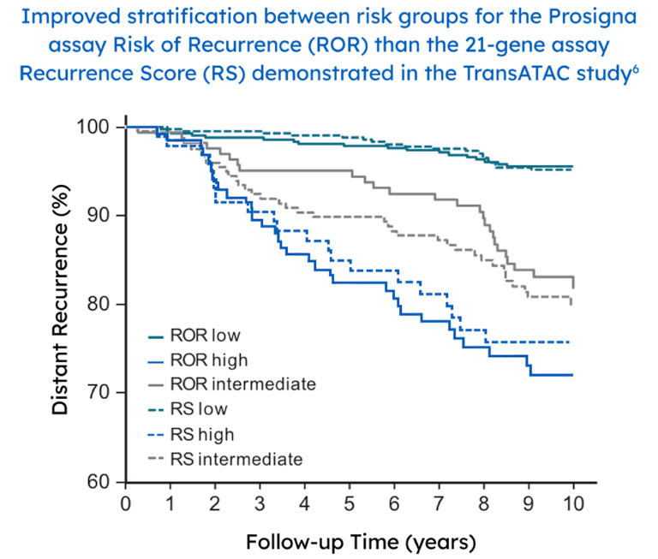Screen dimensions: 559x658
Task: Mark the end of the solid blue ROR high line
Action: click(573, 374)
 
